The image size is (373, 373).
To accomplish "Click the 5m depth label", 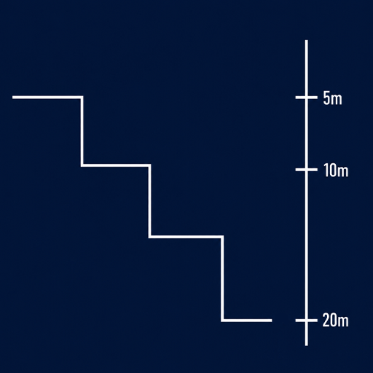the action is point(332,98).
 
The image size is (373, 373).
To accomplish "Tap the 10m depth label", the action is point(336,170).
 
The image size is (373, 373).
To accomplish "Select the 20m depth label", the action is point(335,320).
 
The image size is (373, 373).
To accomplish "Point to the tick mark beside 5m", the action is point(306,98).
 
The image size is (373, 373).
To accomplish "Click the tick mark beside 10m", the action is point(306,170).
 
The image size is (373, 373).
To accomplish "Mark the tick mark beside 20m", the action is point(306,321).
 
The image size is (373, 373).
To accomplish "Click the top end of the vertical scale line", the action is point(307,40).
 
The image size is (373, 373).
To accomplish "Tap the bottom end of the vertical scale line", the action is point(307,345).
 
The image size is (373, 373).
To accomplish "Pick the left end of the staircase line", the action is point(13,98).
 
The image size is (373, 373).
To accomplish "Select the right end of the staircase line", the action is point(272,321).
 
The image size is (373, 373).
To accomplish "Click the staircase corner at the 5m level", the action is point(82,98).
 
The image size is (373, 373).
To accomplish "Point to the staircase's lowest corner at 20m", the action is point(222,321).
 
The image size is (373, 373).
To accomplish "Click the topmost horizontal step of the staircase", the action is point(48,98).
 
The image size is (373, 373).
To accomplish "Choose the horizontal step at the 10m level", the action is point(116,165).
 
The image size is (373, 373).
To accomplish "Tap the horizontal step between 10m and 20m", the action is point(186,237).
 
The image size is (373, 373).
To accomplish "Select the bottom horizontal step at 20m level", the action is point(246,321).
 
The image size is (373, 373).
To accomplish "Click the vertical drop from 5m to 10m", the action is point(82,131).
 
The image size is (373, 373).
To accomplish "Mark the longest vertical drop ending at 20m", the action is point(222,278).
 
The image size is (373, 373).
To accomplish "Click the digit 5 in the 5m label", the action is point(326,98).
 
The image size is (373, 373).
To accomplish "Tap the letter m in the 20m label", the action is point(343,321).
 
